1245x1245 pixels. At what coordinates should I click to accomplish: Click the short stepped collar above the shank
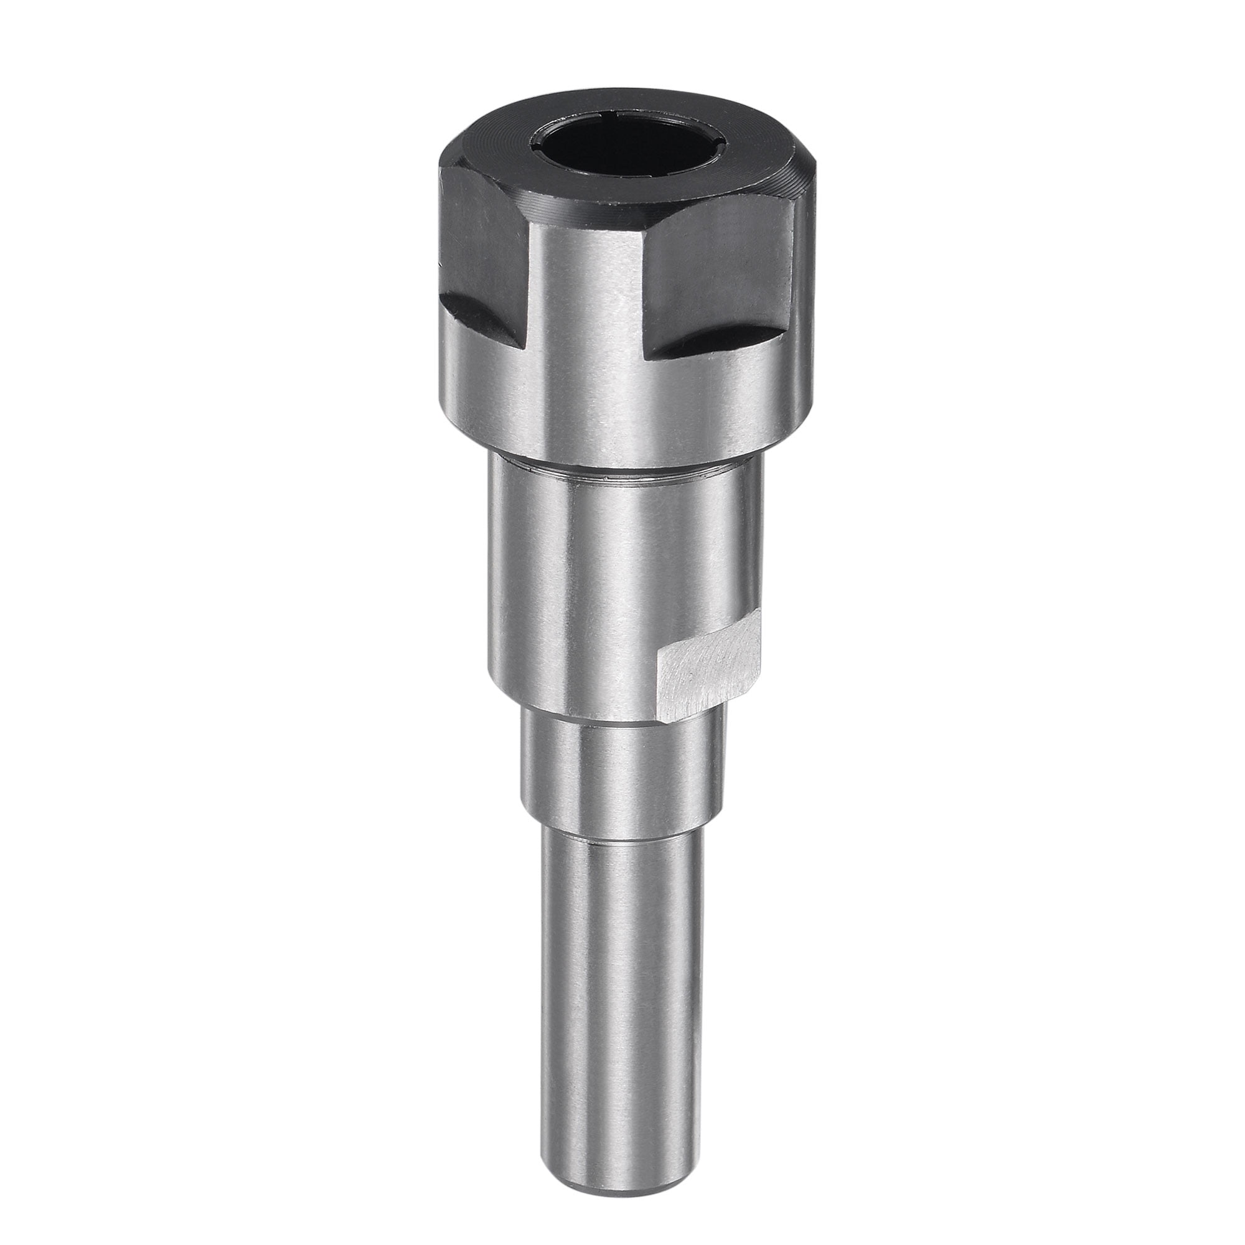point(619,780)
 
